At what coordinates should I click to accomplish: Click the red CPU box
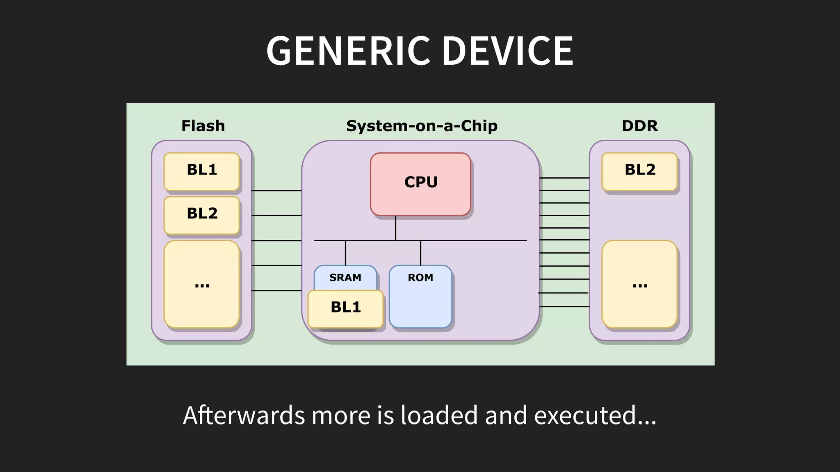[x=420, y=184]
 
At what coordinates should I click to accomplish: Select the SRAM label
[x=345, y=277]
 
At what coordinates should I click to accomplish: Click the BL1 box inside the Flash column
[x=202, y=171]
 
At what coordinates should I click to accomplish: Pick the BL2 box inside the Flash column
[x=202, y=215]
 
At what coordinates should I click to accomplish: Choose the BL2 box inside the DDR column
[x=639, y=171]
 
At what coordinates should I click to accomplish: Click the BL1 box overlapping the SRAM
[x=345, y=309]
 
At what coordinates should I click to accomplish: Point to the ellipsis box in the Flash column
[x=202, y=284]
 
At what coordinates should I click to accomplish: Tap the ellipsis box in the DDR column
[x=639, y=284]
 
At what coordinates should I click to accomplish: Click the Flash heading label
[x=203, y=126]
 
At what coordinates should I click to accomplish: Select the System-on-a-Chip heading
[x=422, y=126]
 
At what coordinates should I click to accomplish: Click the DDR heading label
[x=639, y=126]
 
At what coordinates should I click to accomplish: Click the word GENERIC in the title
[x=348, y=51]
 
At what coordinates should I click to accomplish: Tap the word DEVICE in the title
[x=507, y=51]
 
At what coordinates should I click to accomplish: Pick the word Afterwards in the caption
[x=244, y=415]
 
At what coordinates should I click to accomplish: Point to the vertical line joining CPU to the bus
[x=395, y=228]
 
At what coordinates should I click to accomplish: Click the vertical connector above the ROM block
[x=420, y=253]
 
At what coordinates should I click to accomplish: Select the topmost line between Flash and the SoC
[x=276, y=191]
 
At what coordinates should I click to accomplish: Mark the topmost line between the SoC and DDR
[x=564, y=178]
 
